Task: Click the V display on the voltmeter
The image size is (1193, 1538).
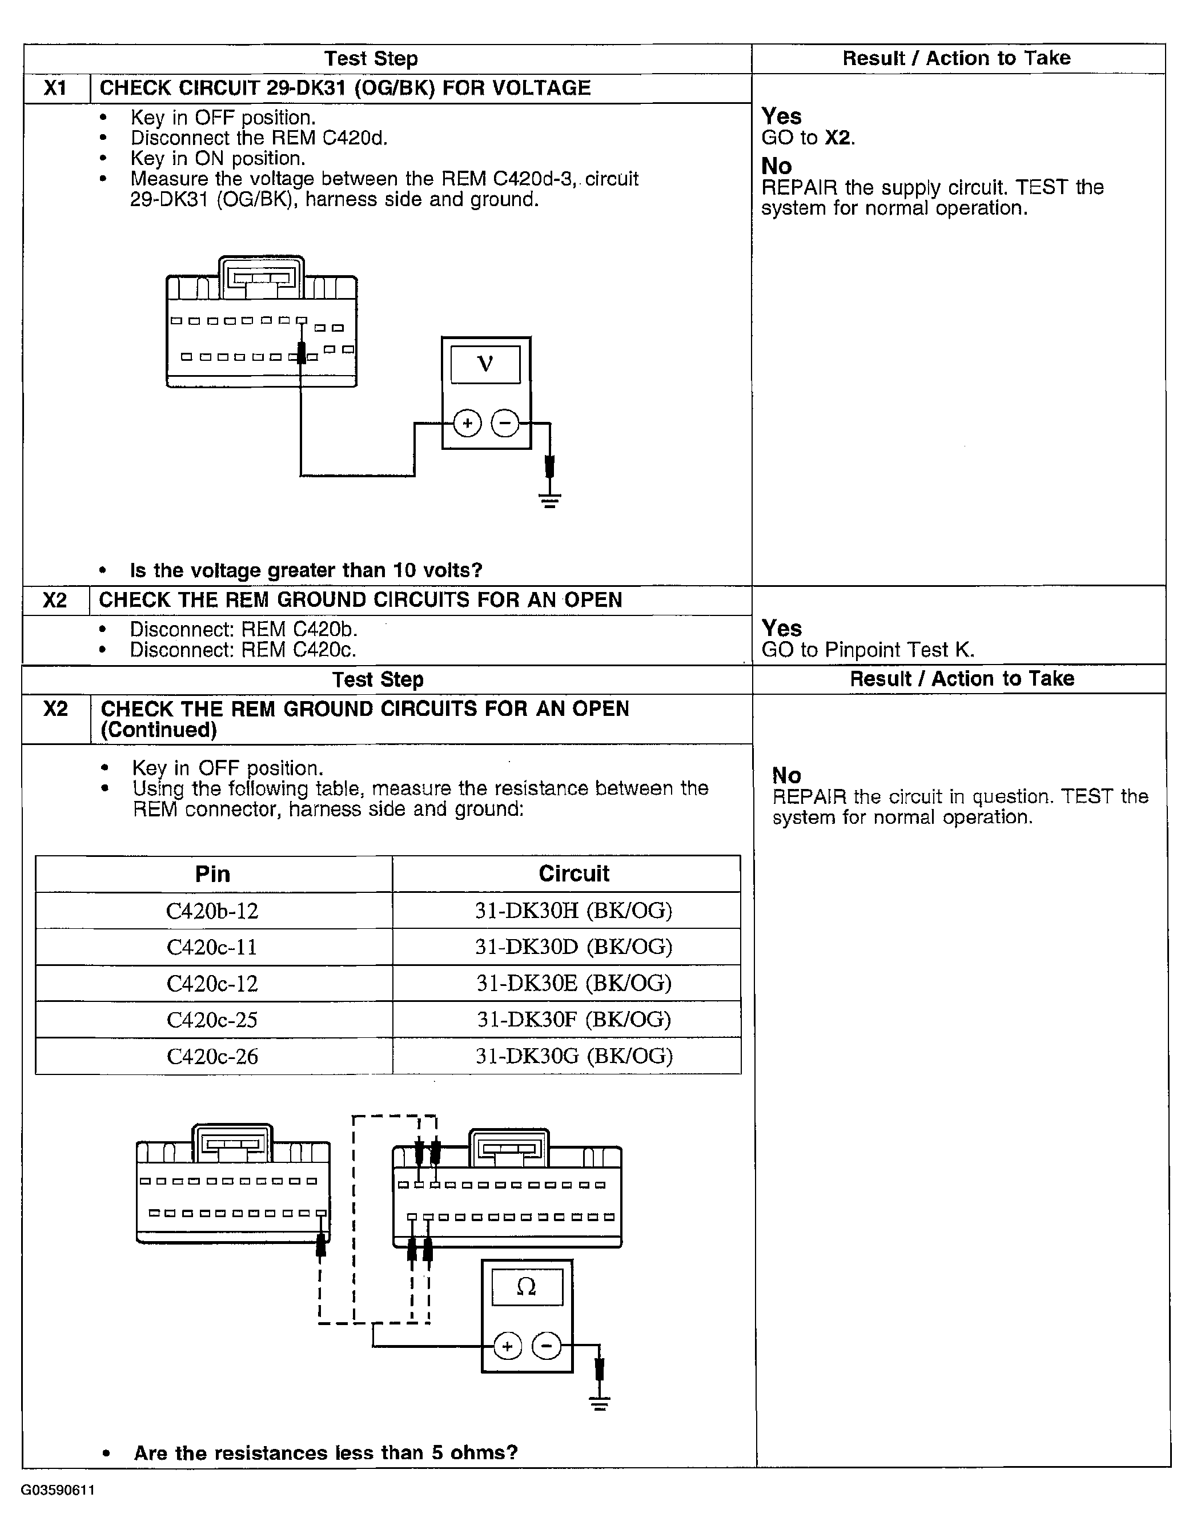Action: [x=485, y=364]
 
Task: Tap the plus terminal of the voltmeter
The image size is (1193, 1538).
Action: [x=467, y=423]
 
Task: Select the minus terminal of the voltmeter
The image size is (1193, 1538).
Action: [x=504, y=423]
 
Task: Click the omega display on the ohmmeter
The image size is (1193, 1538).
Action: [x=527, y=1287]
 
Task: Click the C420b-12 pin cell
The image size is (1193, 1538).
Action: [x=212, y=911]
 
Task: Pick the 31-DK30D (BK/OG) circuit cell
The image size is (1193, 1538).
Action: [x=573, y=947]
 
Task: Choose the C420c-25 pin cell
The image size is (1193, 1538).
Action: [x=212, y=1020]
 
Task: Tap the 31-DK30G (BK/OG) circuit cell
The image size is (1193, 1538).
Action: [x=573, y=1056]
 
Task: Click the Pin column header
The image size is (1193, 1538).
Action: [x=212, y=874]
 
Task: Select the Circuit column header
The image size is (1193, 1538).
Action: [x=573, y=874]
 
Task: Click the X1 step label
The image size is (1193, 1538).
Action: [x=55, y=88]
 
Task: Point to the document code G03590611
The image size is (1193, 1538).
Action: [x=58, y=1489]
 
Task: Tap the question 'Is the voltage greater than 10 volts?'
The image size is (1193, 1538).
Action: [x=306, y=570]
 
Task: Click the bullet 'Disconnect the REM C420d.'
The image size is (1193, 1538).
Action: [x=259, y=138]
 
